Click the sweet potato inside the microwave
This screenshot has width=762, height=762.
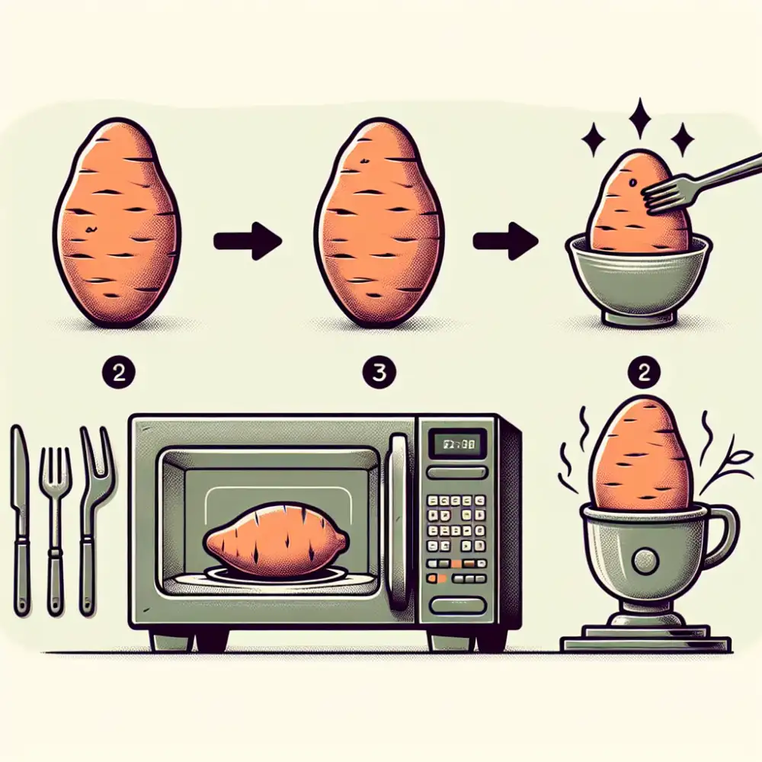tap(275, 543)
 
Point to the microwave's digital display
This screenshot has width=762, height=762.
tap(454, 442)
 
